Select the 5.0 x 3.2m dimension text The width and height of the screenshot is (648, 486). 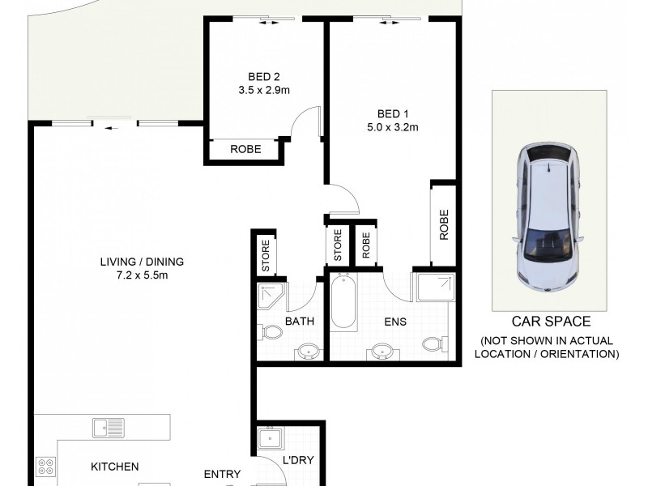click(x=391, y=126)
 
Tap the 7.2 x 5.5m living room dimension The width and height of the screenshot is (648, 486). click(x=142, y=275)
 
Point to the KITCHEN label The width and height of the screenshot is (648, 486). click(x=114, y=467)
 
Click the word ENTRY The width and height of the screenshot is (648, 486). click(x=222, y=475)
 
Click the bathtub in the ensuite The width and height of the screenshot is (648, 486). click(x=343, y=303)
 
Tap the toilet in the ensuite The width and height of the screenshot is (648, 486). click(x=433, y=343)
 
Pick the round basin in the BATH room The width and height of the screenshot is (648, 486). click(x=307, y=351)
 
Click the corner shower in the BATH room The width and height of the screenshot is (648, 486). click(x=269, y=296)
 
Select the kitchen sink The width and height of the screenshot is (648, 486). click(x=108, y=427)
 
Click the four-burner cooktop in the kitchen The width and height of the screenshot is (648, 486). click(x=46, y=467)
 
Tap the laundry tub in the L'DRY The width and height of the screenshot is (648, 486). click(x=269, y=439)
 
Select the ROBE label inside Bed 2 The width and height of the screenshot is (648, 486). click(x=245, y=149)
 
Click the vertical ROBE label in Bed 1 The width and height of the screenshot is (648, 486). click(x=444, y=226)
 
